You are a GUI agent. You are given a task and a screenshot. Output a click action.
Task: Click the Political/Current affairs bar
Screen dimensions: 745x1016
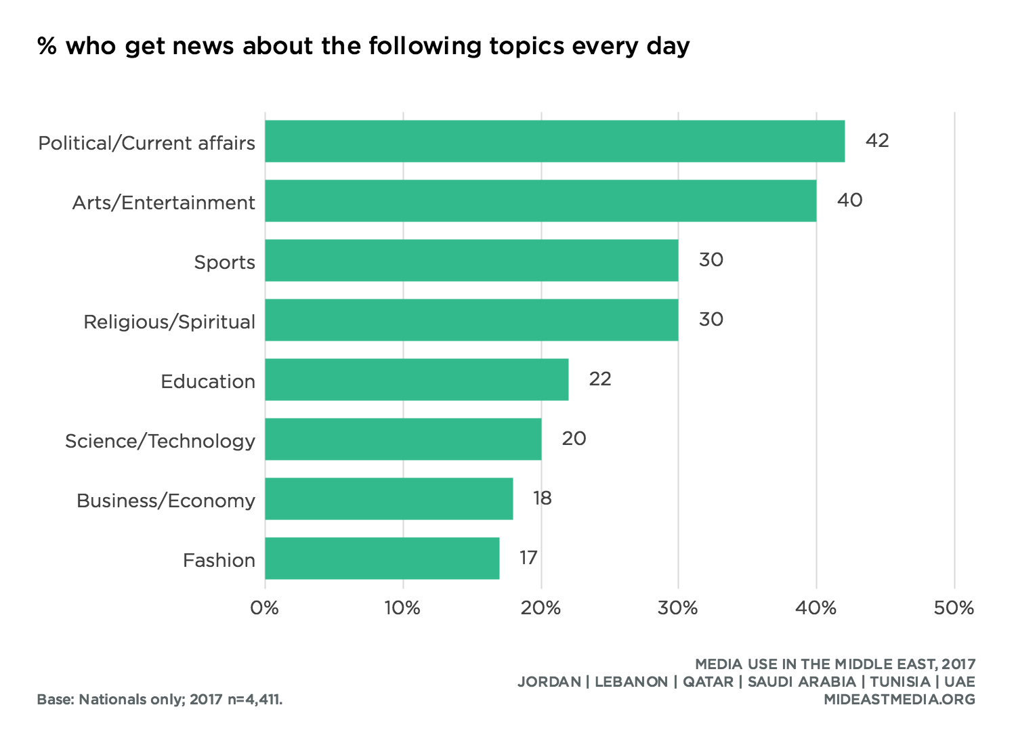[x=555, y=142]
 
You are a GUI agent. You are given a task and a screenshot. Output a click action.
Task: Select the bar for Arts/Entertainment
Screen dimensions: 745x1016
[x=541, y=201]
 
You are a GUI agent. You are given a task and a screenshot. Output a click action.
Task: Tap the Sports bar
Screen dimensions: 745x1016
[x=471, y=261]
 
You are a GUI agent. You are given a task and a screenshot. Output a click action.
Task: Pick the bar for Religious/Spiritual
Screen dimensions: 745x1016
[x=471, y=320]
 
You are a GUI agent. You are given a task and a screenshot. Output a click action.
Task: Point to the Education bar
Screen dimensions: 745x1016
[x=417, y=380]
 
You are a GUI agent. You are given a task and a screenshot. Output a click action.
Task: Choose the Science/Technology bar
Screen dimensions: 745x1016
[x=403, y=440]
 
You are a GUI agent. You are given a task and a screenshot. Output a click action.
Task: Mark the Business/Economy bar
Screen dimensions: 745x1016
[x=389, y=499]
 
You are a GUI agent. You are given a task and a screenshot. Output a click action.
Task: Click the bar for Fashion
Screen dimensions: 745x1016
[x=382, y=559]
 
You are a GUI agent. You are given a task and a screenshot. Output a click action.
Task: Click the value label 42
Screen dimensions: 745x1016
[x=877, y=141]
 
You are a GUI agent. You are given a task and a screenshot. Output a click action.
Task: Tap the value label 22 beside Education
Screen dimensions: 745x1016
[x=600, y=379]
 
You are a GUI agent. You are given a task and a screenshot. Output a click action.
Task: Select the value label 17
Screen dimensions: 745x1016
[x=528, y=558]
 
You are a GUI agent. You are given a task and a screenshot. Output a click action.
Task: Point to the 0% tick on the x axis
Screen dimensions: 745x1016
[x=265, y=608]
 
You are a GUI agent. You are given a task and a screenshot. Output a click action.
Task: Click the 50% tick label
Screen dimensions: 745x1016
[x=954, y=608]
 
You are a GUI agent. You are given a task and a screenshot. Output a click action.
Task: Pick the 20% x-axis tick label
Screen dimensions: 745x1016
[x=541, y=608]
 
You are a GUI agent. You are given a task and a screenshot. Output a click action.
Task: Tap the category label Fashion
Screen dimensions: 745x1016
[x=219, y=560]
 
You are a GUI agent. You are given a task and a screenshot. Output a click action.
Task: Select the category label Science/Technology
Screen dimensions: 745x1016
[x=160, y=441]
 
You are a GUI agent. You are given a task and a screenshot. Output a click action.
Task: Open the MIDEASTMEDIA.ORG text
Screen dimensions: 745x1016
[x=899, y=700]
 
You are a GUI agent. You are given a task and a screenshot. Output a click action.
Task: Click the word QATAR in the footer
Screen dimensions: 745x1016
[x=708, y=682]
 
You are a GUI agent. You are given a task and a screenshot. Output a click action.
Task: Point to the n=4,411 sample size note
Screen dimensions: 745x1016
[x=255, y=700]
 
